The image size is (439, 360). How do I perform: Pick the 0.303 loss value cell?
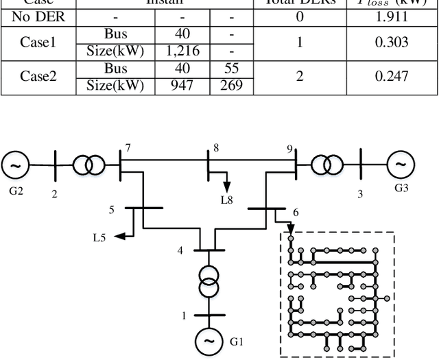click(393, 41)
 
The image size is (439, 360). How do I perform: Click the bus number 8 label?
click(215, 147)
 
